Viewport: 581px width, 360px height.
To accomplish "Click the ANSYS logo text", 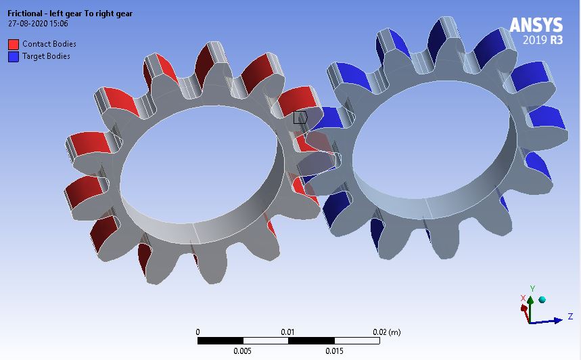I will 536,24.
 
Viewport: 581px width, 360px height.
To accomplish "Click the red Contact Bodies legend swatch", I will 13,44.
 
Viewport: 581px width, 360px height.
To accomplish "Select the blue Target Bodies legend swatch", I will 13,56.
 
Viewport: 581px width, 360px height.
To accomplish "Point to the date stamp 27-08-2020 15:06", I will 37,24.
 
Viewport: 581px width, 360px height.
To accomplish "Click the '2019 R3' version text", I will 542,40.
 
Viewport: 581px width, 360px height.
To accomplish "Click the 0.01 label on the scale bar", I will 288,332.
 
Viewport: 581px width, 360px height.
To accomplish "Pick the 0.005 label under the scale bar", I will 243,351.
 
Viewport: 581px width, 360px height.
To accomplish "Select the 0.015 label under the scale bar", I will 334,351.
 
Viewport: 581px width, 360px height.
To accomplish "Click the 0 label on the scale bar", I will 197,332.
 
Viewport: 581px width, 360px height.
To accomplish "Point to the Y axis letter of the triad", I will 532,288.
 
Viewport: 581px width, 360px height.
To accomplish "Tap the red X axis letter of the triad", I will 523,298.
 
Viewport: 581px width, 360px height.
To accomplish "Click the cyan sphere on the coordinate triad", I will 542,299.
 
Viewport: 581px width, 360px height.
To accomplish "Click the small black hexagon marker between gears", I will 300,117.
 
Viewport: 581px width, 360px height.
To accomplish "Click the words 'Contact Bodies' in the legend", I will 49,44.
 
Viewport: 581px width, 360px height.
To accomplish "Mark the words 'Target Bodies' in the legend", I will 46,56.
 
